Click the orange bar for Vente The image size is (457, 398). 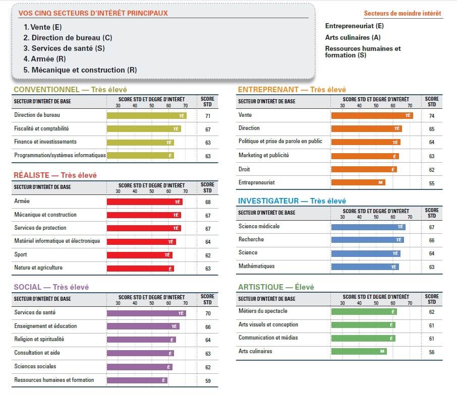(371, 115)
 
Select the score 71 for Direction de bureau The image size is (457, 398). (207, 116)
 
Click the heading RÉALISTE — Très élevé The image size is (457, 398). (55, 175)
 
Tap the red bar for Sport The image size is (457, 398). (139, 255)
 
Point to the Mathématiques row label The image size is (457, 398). (256, 266)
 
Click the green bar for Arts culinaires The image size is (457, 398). (359, 351)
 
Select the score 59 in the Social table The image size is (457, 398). (207, 380)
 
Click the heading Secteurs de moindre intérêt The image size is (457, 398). (402, 13)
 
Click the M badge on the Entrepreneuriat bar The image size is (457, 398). (381, 182)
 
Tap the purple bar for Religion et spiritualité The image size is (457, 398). (141, 340)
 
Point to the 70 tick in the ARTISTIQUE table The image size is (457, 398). (410, 303)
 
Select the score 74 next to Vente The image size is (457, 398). (432, 115)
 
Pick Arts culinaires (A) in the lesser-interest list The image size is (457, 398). (353, 37)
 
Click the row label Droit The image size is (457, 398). (244, 169)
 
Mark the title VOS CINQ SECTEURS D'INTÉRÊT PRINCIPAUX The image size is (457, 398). (93, 13)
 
